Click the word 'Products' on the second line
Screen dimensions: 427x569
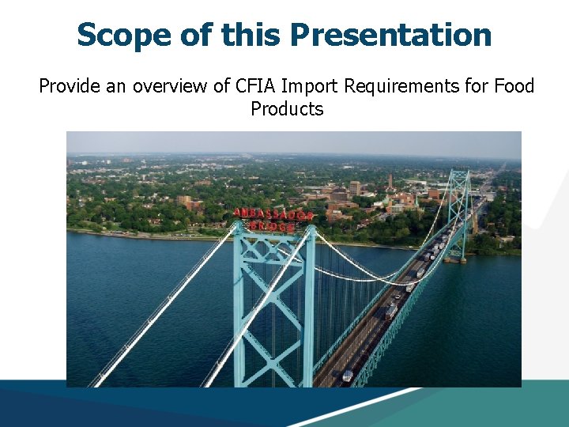287,109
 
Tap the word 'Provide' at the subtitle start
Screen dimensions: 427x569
69,85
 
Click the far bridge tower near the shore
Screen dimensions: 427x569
459,210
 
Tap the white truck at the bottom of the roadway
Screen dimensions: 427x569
348,376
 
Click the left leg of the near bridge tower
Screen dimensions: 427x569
239,316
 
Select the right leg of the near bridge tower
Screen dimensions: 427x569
309,316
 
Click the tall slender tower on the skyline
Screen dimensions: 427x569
390,181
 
